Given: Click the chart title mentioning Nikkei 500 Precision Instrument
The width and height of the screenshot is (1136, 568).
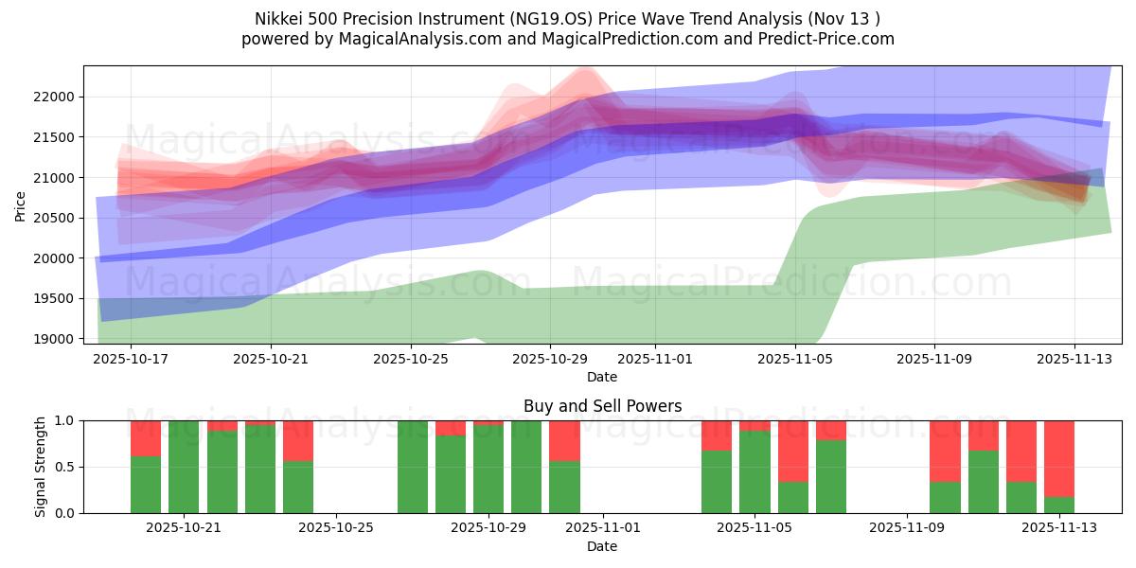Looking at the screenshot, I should (567, 18).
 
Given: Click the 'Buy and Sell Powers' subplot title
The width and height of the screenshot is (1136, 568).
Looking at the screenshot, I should (602, 406).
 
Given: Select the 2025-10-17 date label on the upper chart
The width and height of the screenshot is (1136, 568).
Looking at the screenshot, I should (131, 360).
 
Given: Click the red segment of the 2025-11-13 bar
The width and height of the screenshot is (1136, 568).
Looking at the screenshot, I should (1059, 458).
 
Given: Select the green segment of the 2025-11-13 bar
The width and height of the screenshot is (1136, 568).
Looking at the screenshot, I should (1059, 505).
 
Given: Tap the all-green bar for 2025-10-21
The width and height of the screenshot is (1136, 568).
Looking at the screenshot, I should (184, 467).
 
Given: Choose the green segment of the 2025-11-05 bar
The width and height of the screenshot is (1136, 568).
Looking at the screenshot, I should (754, 472).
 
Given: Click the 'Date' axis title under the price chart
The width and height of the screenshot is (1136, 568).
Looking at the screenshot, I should (602, 377).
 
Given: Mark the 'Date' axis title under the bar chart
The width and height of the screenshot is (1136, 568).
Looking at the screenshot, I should (602, 546).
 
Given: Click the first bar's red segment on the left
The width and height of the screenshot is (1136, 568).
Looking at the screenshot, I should (146, 438).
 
